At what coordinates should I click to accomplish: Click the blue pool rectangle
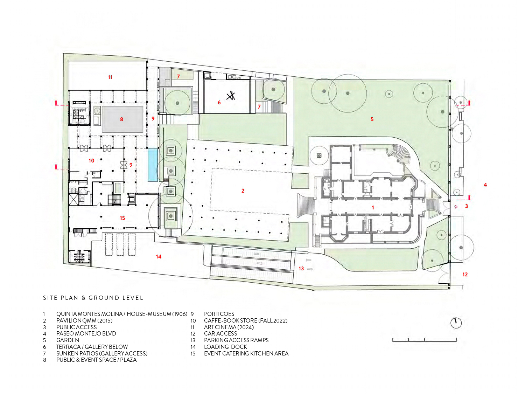pos(153,165)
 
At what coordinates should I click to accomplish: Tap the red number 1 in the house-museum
pos(373,208)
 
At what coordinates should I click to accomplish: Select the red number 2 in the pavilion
pos(243,191)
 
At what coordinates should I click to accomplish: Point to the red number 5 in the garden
pos(372,119)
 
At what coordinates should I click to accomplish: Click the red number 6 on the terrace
pos(219,102)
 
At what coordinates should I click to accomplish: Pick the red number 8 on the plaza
pos(121,119)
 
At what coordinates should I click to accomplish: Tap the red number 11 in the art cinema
pos(110,77)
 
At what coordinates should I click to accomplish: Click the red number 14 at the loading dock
pos(159,256)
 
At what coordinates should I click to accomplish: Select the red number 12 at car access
pos(465,274)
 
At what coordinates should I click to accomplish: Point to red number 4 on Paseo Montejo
pos(485,185)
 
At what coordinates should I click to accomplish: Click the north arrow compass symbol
pos(456,323)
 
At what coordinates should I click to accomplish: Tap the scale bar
pos(424,340)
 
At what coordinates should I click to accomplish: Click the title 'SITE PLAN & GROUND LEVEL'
pos(93,298)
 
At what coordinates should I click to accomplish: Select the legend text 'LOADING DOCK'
pos(225,347)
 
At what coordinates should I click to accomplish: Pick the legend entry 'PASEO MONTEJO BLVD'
pos(86,333)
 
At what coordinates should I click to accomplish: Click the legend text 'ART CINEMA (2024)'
pos(229,327)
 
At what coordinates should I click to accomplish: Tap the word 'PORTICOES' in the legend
pos(219,314)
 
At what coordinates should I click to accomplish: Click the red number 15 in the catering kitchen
pos(122,218)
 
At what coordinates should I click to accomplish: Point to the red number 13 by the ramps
pos(301,268)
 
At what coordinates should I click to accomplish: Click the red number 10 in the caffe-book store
pos(91,161)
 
